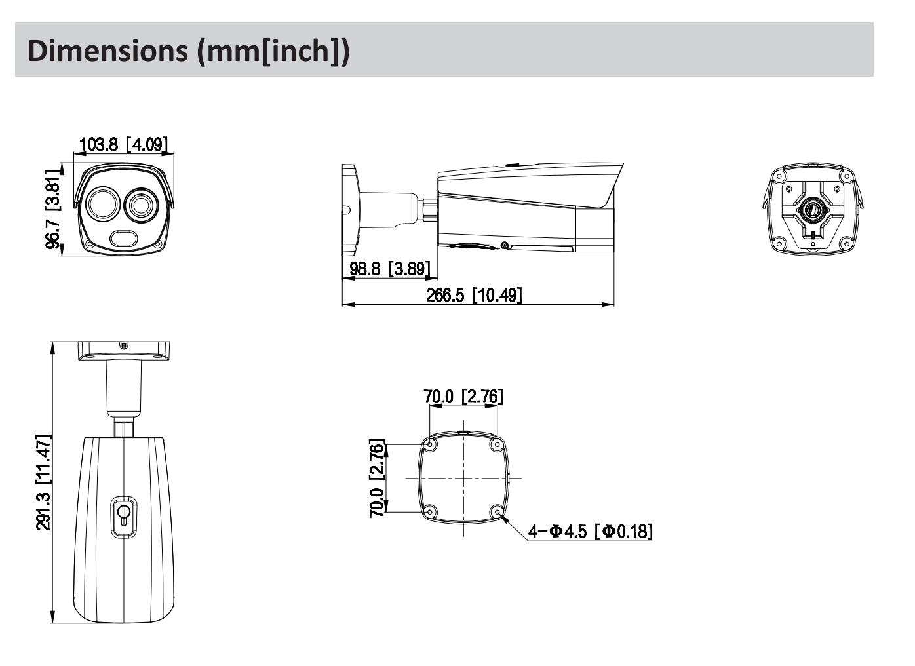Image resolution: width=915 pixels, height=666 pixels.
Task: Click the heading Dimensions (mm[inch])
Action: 189,50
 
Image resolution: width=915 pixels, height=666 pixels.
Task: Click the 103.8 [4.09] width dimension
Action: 123,144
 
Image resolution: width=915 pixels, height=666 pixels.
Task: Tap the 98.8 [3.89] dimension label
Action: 389,268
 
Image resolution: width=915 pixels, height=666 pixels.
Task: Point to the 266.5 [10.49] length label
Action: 474,294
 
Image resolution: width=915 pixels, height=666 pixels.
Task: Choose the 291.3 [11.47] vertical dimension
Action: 43,482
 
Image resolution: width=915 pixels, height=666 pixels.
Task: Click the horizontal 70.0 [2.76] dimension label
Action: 463,396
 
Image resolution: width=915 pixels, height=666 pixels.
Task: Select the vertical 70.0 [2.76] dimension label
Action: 377,479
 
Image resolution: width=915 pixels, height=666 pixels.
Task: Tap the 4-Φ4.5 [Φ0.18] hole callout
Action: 590,531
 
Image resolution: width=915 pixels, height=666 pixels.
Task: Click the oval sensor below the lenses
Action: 123,238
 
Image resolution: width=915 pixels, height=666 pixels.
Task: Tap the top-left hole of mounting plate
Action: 431,445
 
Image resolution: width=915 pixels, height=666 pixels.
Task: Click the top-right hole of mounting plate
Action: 497,445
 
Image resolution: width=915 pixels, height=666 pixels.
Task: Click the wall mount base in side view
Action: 349,210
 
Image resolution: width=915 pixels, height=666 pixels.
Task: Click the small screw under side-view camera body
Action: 503,246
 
